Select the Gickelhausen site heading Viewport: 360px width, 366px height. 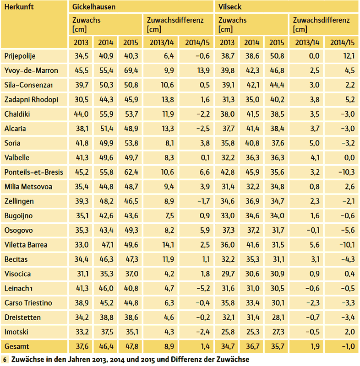pos(94,7)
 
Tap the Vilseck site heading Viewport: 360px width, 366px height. pos(229,7)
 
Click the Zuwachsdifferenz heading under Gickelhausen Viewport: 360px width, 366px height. pos(175,21)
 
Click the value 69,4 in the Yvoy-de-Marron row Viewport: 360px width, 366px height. pos(130,70)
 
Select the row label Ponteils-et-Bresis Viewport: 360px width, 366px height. pos(33,172)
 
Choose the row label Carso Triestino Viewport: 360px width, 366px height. pos(28,303)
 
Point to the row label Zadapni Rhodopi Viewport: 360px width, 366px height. pos(27,99)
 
